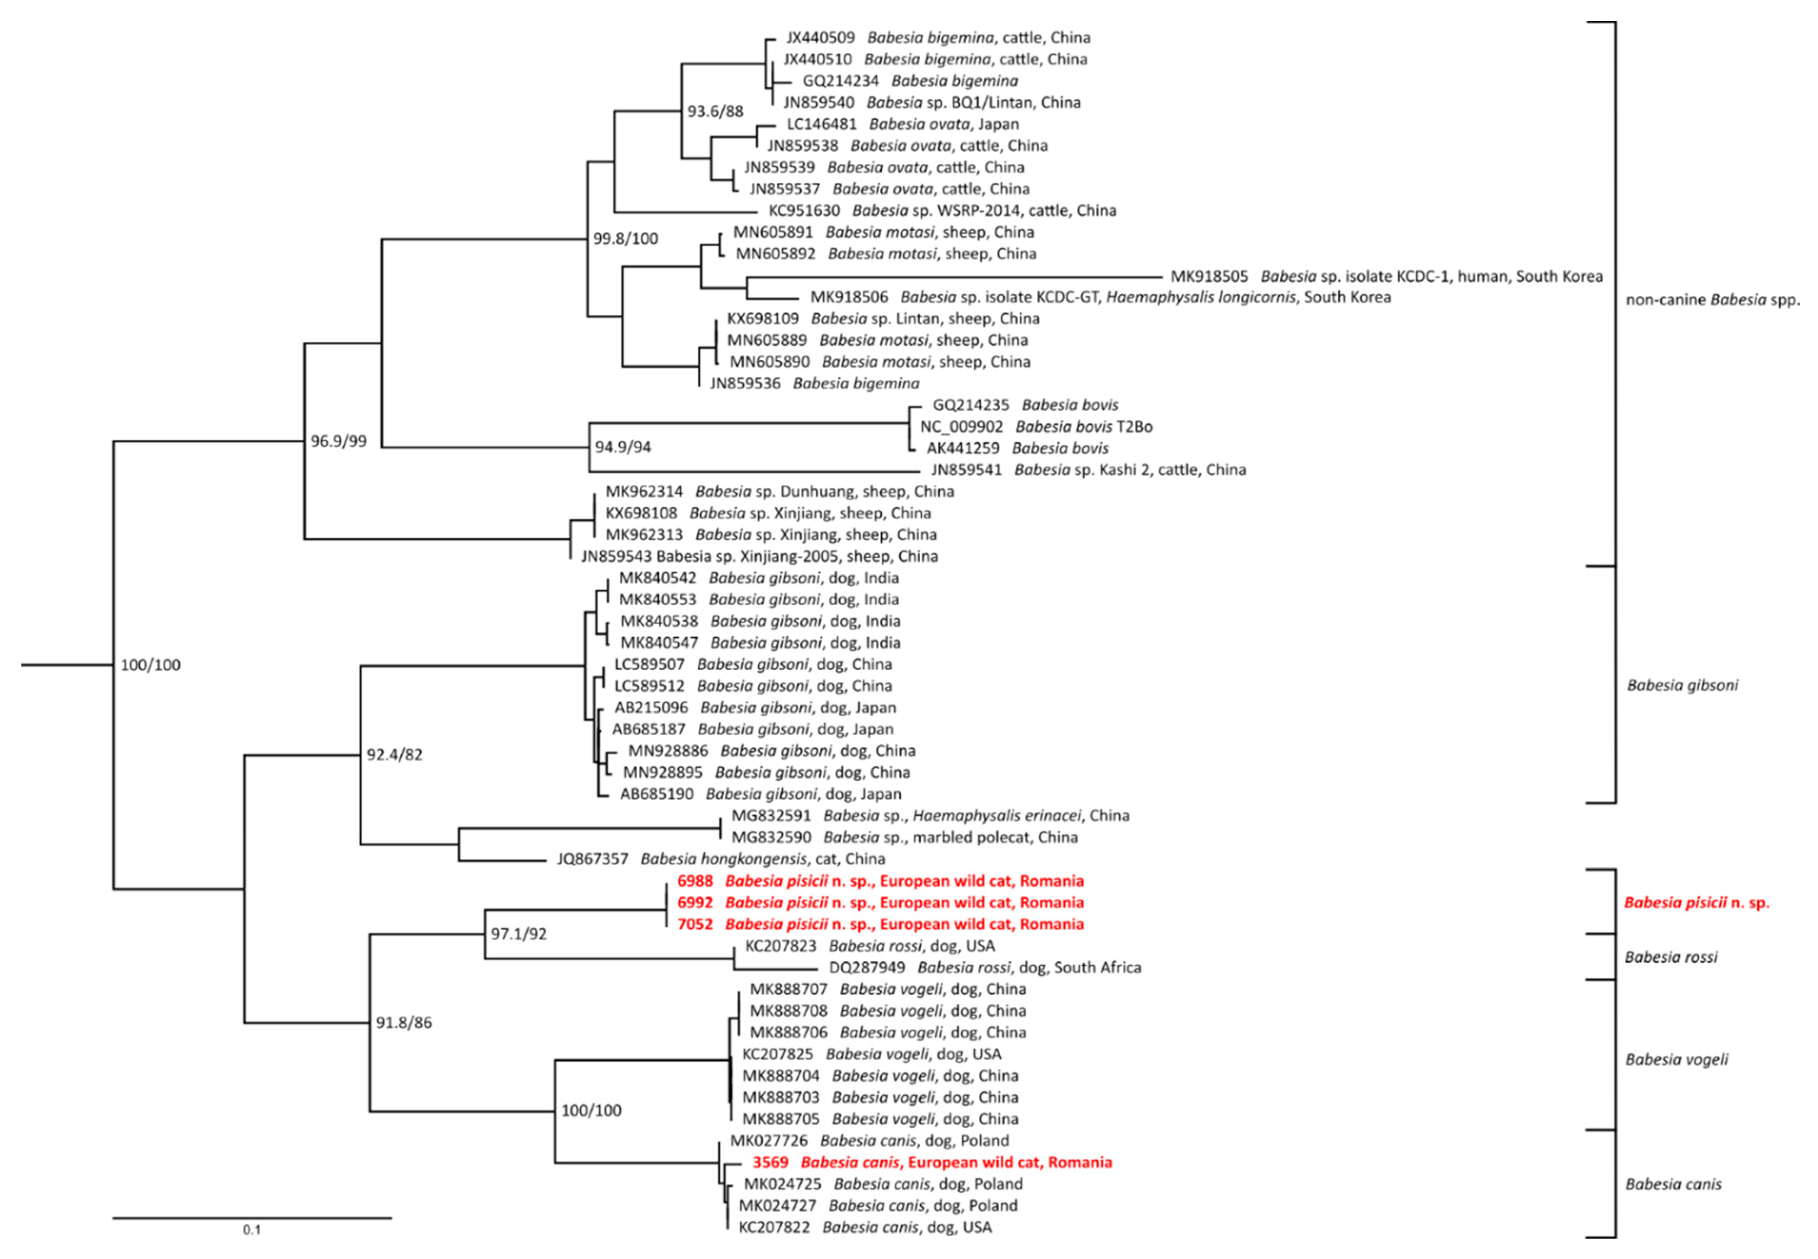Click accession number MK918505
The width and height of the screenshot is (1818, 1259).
pyautogui.click(x=1209, y=276)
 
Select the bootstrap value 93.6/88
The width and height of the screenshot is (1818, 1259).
pyautogui.click(x=715, y=111)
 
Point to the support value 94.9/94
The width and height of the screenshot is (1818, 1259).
pyautogui.click(x=623, y=447)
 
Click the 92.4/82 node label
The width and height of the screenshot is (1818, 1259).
pyautogui.click(x=395, y=755)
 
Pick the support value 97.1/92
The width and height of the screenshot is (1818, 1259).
pyautogui.click(x=518, y=934)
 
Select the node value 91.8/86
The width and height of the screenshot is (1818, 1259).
pyautogui.click(x=403, y=1023)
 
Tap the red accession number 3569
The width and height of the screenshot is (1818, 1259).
pyautogui.click(x=770, y=1162)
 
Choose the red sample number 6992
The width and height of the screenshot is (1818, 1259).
pyautogui.click(x=694, y=903)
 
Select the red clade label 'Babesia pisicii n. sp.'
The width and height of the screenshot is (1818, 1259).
pyautogui.click(x=1697, y=903)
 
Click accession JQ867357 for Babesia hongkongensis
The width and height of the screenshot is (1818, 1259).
pyautogui.click(x=592, y=859)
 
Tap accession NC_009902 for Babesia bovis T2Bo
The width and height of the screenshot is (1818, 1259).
pyautogui.click(x=961, y=427)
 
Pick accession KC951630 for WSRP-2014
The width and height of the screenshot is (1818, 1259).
pyautogui.click(x=804, y=211)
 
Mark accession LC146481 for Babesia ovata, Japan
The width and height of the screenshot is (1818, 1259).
pyautogui.click(x=821, y=124)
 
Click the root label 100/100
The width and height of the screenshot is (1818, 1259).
pyautogui.click(x=150, y=665)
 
